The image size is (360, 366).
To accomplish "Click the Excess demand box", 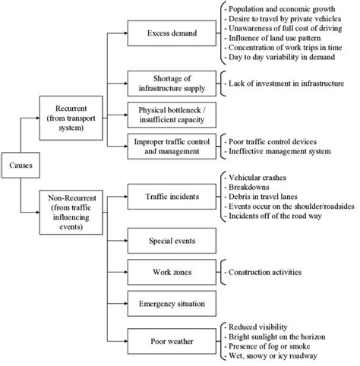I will pos(172,33).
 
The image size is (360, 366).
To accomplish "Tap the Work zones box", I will pos(172,272).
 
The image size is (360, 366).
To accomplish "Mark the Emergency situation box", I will pos(172,304).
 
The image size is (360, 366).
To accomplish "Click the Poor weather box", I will pos(172,339).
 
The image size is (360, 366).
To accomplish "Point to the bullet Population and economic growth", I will pos(281,6).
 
